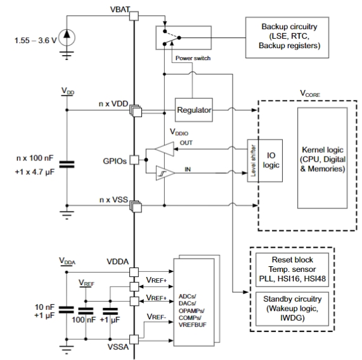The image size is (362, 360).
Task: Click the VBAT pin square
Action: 134,16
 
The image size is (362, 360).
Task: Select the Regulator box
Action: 194,110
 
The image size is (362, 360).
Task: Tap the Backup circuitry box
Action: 287,37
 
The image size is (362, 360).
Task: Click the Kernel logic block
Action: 323,158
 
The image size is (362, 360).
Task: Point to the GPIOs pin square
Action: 134,160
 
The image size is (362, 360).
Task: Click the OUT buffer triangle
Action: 164,149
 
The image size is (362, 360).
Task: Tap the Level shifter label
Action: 253,160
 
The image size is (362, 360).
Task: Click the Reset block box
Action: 292,270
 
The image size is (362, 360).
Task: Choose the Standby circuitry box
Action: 292,309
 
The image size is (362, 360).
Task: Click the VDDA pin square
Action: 134,272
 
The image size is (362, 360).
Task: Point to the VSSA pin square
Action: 134,340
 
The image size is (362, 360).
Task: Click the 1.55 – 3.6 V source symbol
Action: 67,37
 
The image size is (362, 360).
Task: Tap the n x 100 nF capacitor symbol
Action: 67,165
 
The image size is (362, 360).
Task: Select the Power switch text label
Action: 193,58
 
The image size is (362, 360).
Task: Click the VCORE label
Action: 310,94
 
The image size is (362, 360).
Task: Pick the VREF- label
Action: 157,317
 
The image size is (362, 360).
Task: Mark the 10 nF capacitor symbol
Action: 67,310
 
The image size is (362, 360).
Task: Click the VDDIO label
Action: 179,132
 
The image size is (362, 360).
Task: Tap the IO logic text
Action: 271,160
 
